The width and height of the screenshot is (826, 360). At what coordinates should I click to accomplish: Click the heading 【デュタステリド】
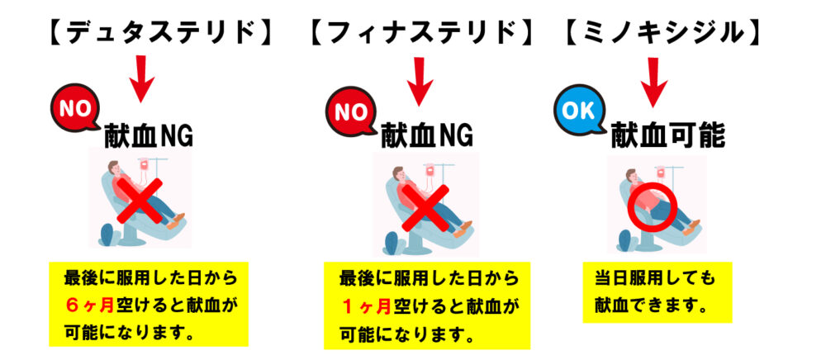pyautogui.click(x=156, y=32)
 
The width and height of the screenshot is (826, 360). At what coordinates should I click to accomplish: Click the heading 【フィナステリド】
pyautogui.click(x=421, y=32)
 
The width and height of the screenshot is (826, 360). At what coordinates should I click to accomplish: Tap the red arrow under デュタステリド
pyautogui.click(x=143, y=81)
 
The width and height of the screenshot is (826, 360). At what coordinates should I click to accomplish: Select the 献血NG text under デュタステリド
pyautogui.click(x=149, y=132)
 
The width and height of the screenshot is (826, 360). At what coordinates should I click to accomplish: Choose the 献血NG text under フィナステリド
pyautogui.click(x=426, y=135)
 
